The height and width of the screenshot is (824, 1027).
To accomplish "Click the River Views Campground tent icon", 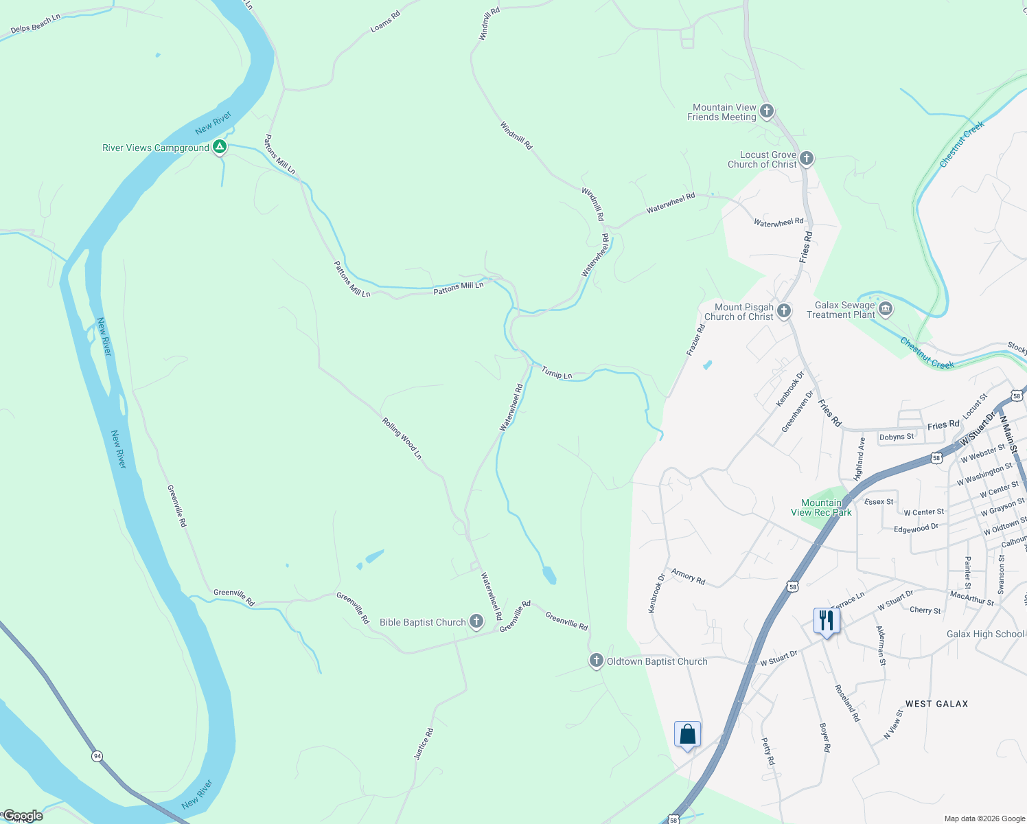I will tap(219, 146).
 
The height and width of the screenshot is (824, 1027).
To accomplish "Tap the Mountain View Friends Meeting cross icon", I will tap(767, 111).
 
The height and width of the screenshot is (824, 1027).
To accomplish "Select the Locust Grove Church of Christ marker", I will tap(807, 159).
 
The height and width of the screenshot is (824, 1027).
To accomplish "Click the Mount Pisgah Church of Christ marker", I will tap(783, 311).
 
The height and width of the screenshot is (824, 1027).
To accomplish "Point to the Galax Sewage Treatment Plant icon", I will tap(886, 309).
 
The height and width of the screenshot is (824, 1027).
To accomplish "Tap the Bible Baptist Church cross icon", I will tap(476, 621).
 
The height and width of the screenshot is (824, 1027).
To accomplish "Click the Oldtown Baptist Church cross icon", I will tap(596, 661).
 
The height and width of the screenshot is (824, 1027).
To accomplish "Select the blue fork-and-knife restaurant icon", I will tap(825, 621).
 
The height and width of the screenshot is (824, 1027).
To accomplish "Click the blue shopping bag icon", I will tap(687, 735).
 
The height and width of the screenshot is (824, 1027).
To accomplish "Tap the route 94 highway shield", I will tap(97, 756).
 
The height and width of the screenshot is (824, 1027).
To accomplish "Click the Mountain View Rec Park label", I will tap(821, 507).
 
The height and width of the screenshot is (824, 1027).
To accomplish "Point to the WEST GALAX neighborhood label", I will tap(936, 704).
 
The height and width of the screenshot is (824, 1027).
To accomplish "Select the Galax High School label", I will tap(985, 634).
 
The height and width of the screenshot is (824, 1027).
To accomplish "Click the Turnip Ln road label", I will tap(557, 373).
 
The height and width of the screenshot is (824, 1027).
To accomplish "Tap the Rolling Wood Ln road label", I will tap(402, 438).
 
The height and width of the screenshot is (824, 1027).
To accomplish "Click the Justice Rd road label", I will tap(424, 744).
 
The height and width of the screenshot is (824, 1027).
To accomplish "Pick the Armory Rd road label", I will tap(688, 576).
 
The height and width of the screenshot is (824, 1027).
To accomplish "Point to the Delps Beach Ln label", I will tap(36, 24).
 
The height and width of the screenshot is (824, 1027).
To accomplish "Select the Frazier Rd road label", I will tap(695, 339).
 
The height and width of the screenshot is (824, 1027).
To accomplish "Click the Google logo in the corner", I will tap(22, 816).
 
